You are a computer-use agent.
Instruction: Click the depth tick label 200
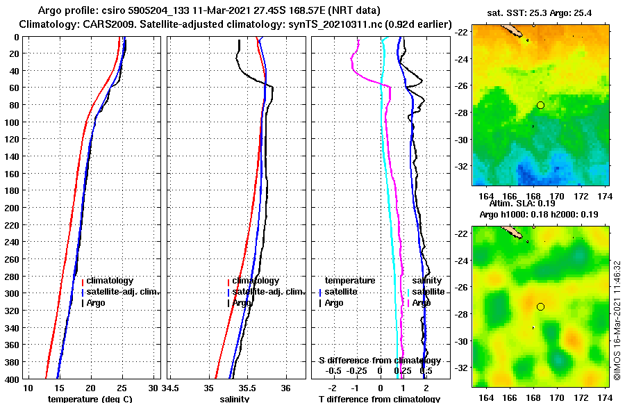(x=12, y=208)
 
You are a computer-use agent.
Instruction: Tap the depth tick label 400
(x=12, y=379)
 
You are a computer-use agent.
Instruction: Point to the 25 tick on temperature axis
(x=122, y=387)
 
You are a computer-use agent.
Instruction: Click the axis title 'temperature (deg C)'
(x=90, y=398)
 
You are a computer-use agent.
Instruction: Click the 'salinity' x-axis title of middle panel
(x=235, y=398)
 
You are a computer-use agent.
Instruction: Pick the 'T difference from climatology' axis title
(x=379, y=398)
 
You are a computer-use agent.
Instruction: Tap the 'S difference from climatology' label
(x=379, y=361)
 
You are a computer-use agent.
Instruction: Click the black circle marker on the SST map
(x=540, y=105)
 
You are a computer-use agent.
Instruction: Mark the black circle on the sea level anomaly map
(x=540, y=306)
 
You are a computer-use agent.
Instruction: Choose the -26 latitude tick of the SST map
(x=460, y=86)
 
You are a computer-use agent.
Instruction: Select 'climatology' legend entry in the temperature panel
(x=108, y=281)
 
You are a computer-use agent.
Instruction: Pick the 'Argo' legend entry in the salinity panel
(x=242, y=303)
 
